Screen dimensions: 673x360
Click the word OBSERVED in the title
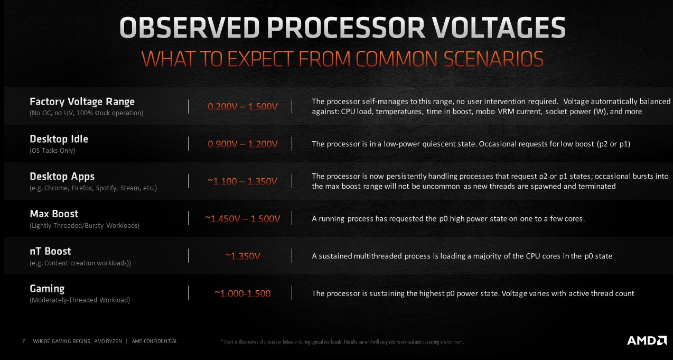pyautogui.click(x=189, y=27)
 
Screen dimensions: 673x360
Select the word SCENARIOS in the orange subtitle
pyautogui.click(x=493, y=59)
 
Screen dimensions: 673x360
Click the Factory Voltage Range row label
pyautogui.click(x=82, y=102)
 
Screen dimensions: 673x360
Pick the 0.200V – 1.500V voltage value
pyautogui.click(x=243, y=107)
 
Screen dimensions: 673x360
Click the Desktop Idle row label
pyautogui.click(x=59, y=139)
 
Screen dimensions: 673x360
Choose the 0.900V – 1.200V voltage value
pyautogui.click(x=243, y=144)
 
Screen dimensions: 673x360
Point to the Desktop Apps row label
pyautogui.click(x=62, y=177)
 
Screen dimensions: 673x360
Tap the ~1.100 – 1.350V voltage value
pyautogui.click(x=242, y=181)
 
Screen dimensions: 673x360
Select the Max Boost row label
pyautogui.click(x=54, y=214)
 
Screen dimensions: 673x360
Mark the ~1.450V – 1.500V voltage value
pyautogui.click(x=242, y=219)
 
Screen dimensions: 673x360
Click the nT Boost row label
pyautogui.click(x=51, y=251)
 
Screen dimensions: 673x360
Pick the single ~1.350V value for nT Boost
pyautogui.click(x=242, y=256)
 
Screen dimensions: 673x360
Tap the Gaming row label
pyautogui.click(x=47, y=289)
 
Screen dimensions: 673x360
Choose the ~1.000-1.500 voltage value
pyautogui.click(x=242, y=293)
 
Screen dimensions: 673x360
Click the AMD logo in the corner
pyautogui.click(x=647, y=340)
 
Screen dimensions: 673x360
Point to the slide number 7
pyautogui.click(x=24, y=341)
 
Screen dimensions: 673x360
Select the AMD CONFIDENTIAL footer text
pyautogui.click(x=155, y=341)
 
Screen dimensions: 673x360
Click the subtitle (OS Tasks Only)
pyautogui.click(x=52, y=150)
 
